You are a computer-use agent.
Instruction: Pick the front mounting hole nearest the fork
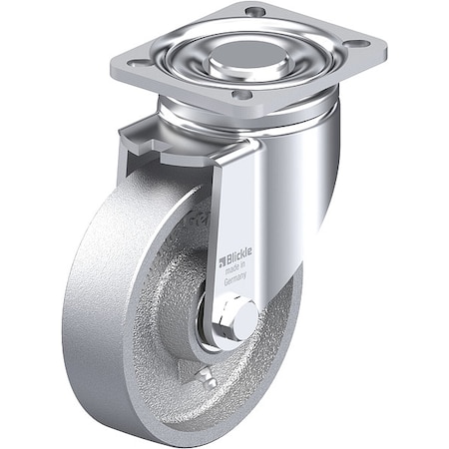click(x=239, y=97)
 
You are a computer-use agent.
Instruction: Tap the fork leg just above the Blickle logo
click(x=239, y=210)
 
